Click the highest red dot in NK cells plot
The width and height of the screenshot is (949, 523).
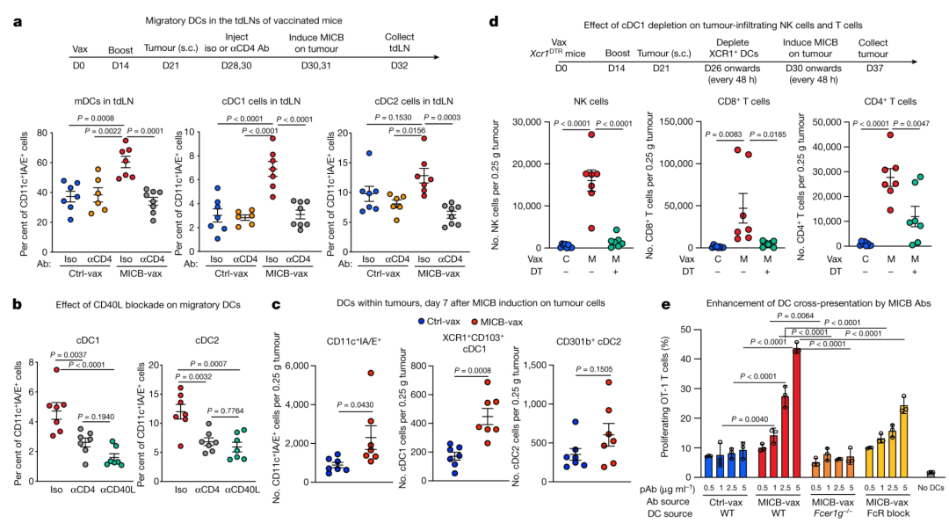point(591,134)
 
